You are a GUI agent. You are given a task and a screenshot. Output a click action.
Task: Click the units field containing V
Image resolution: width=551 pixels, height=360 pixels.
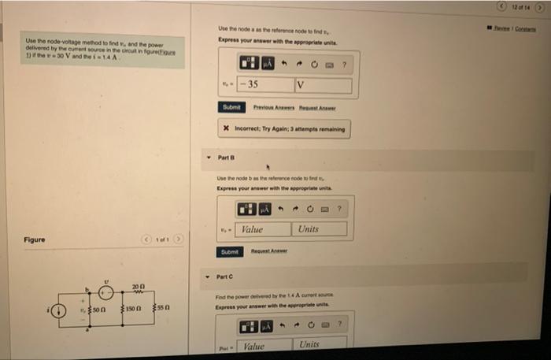[x=322, y=84]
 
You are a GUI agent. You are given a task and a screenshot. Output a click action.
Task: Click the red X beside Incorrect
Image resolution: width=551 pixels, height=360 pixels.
[x=226, y=128]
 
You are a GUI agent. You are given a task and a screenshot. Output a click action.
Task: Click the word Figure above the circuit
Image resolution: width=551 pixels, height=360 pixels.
[x=34, y=239]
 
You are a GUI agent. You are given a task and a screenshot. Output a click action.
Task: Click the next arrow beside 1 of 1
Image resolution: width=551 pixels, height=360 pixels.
[x=179, y=239]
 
